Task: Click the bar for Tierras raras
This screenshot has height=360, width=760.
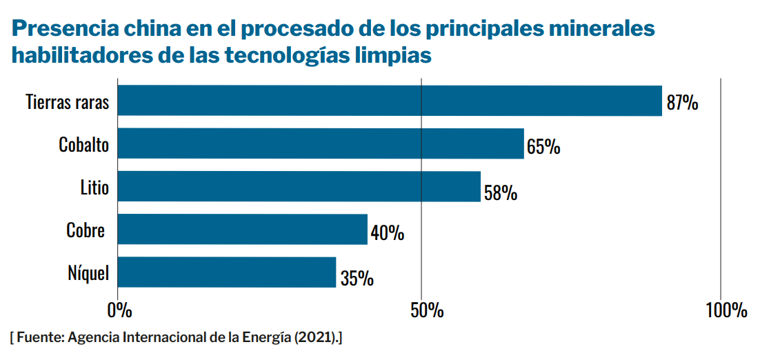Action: tap(390, 101)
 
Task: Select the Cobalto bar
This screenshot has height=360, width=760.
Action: tap(321, 143)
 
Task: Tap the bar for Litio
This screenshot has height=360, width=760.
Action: tap(299, 186)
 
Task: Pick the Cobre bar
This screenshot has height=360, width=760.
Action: tap(243, 229)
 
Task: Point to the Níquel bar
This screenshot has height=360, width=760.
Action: tap(227, 272)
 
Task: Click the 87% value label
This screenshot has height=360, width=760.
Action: tap(683, 103)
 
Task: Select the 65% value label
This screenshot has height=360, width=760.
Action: tap(543, 147)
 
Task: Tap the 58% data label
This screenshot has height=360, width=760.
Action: tap(501, 192)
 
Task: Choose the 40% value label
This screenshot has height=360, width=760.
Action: tap(388, 233)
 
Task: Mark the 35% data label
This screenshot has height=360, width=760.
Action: tap(357, 278)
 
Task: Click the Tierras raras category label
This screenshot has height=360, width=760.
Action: tap(68, 102)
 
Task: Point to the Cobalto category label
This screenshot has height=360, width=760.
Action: tap(83, 145)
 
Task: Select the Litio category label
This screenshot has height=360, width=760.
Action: tap(94, 187)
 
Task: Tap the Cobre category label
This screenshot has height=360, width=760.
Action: tap(86, 230)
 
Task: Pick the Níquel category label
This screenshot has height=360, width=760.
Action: tap(88, 272)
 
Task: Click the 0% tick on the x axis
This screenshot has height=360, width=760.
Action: tap(119, 310)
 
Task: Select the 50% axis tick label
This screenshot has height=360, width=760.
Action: tap(421, 310)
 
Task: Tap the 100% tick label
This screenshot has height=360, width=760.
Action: tap(727, 310)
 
